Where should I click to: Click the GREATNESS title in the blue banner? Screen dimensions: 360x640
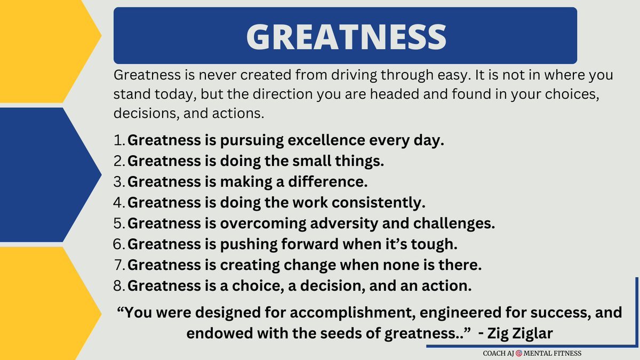[x=346, y=36]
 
